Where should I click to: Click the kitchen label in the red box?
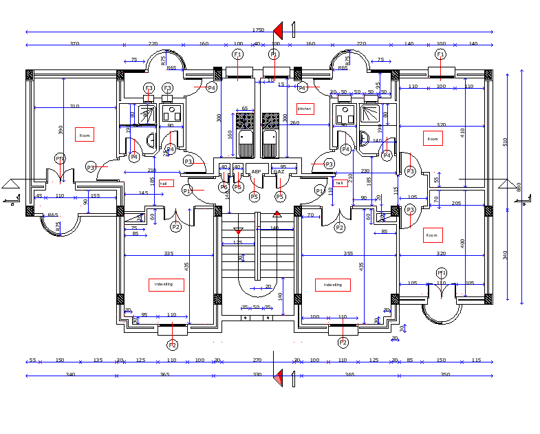[x=304, y=109]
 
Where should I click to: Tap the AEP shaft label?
[x=256, y=171]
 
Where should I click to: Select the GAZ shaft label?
[x=279, y=171]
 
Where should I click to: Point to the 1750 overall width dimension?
[x=258, y=30]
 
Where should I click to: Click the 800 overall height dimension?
[x=519, y=186]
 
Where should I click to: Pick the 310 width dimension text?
[x=74, y=106]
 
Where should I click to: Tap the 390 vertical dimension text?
[x=61, y=129]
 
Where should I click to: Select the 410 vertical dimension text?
[x=463, y=132]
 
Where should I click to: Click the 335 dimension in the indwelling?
[x=168, y=254]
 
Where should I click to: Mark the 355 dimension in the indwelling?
[x=348, y=254]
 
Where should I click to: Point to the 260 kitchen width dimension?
[x=294, y=122]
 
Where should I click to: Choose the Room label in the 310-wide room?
[x=85, y=135]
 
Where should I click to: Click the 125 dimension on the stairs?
[x=238, y=242]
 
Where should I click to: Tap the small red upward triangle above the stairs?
[x=278, y=215]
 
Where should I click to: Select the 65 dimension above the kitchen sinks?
[x=244, y=108]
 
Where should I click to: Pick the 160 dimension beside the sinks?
[x=230, y=134]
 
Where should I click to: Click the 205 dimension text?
[x=456, y=204]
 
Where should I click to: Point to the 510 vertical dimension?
[x=505, y=142]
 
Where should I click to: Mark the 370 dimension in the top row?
[x=74, y=43]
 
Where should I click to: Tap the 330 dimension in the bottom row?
[x=257, y=374]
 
